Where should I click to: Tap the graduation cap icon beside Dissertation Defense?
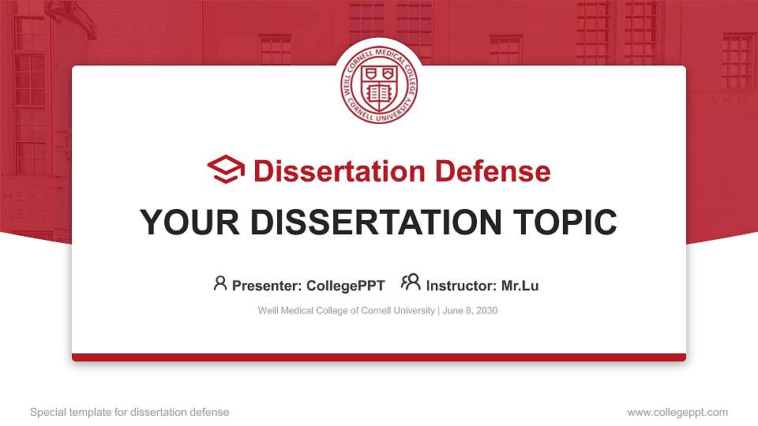click(x=226, y=170)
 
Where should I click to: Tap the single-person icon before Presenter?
click(x=220, y=282)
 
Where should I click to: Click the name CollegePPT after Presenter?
click(x=346, y=286)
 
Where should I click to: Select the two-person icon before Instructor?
click(x=411, y=282)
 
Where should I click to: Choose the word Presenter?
click(x=265, y=286)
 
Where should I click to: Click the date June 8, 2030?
click(x=471, y=311)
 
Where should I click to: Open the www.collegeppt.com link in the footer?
click(x=677, y=412)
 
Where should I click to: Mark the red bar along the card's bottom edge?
click(x=379, y=357)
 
